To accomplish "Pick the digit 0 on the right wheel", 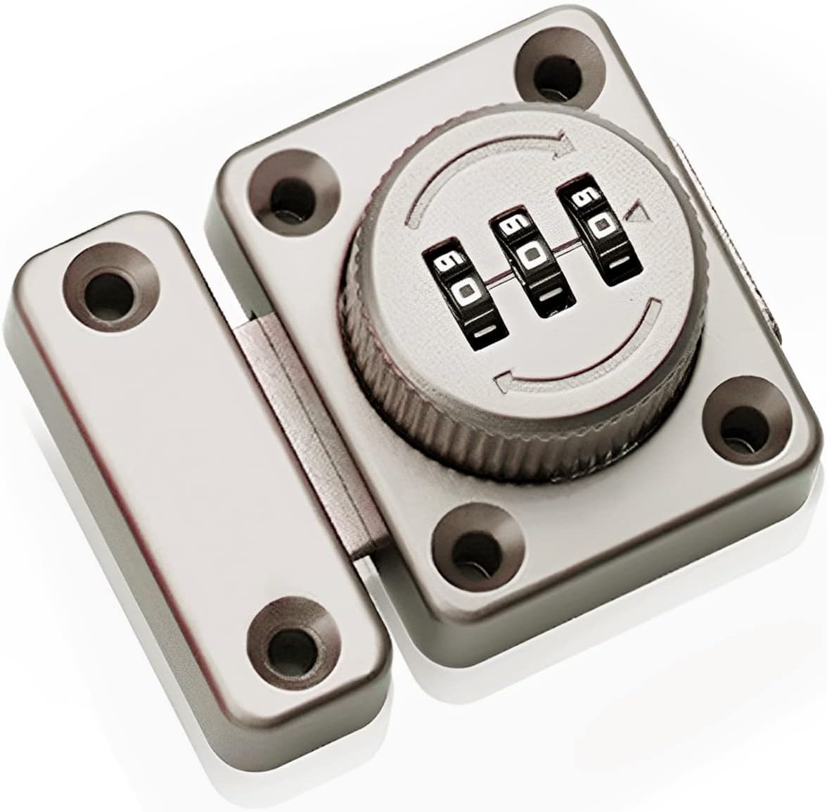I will (599, 227).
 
